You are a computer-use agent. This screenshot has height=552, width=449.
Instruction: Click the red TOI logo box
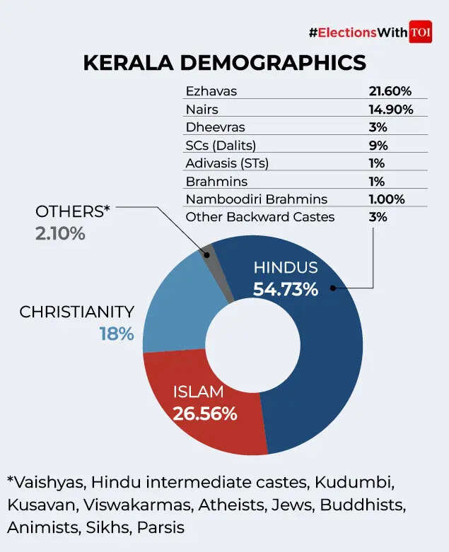coord(420,33)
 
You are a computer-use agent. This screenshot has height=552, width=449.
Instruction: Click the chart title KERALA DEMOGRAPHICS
coord(224,62)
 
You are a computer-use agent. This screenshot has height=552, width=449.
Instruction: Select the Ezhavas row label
coord(211,90)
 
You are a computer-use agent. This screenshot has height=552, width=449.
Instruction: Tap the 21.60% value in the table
coord(390,90)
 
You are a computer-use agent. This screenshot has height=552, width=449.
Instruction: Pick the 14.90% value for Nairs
coord(390,109)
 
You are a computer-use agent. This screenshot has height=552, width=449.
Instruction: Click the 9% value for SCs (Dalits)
coord(379,145)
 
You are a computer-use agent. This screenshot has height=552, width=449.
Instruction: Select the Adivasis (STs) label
coord(227,163)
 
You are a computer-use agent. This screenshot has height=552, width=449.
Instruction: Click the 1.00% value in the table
coord(385,199)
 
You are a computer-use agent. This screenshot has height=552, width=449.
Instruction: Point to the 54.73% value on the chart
coord(286,289)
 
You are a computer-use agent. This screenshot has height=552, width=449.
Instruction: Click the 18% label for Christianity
coord(116,334)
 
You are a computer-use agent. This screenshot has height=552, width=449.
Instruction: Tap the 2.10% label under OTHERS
coord(60,233)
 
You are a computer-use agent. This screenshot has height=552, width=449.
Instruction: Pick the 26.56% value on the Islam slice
coord(204,414)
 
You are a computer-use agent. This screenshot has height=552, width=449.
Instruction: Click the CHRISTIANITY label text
coord(76,312)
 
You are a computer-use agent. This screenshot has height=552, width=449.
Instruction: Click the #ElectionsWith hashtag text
coord(357,33)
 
